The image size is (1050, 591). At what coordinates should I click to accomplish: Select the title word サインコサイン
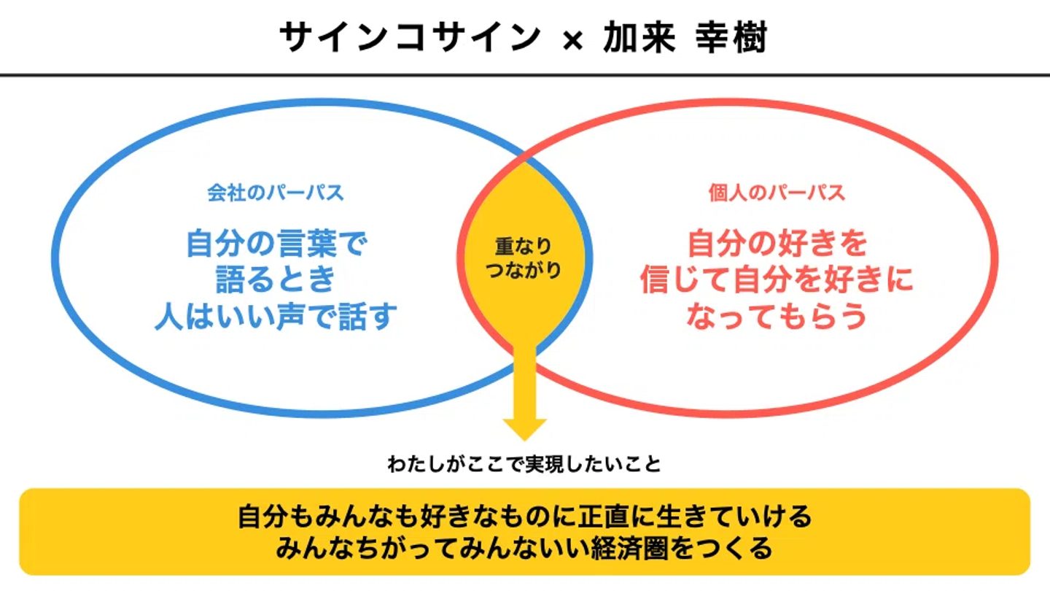410,38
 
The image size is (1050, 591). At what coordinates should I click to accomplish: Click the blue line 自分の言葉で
275,243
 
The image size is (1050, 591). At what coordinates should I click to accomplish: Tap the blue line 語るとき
276,279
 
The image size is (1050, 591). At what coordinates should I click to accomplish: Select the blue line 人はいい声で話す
276,317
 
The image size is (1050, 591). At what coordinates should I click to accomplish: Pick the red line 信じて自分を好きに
777,279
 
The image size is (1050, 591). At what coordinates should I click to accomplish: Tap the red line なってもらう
777,317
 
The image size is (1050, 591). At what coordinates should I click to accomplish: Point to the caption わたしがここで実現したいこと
524,465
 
